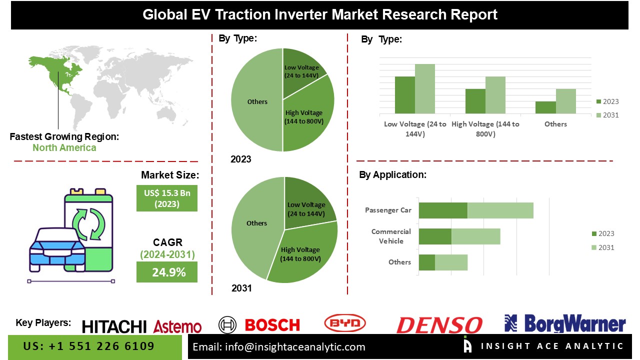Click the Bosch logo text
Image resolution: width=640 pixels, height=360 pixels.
point(272,325)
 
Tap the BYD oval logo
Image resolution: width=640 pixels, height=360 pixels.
point(345,323)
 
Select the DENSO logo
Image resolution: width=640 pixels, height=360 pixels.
point(439,325)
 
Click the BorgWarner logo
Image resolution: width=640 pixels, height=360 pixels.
point(565,324)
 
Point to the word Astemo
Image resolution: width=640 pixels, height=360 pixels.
point(177,327)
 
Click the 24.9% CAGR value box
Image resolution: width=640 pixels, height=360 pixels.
point(166,272)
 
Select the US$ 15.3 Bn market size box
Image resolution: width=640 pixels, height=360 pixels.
point(166,198)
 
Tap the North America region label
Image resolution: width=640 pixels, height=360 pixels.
point(64,147)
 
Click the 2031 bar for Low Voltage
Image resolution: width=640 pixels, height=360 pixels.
point(424,88)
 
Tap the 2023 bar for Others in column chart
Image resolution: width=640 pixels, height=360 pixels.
point(545,107)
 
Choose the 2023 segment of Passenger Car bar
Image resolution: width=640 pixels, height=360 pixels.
point(442,210)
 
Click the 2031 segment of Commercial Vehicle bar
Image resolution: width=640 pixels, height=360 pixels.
point(475,236)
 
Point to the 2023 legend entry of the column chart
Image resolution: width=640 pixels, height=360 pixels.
point(607,101)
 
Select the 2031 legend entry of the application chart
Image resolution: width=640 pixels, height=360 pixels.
point(602,247)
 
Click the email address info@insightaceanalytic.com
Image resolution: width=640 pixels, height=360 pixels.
point(279,346)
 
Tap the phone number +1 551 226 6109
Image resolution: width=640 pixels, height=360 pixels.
point(89,346)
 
